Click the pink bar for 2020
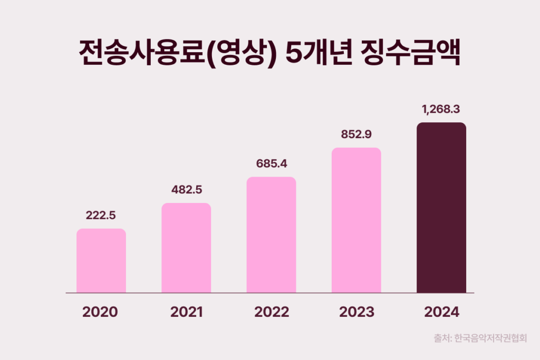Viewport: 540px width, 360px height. pyautogui.click(x=101, y=260)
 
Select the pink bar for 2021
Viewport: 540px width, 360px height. pyautogui.click(x=186, y=248)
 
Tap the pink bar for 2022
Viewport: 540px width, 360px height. pyautogui.click(x=271, y=235)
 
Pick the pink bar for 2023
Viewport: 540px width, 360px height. pyautogui.click(x=356, y=220)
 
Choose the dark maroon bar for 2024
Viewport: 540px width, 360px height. pyautogui.click(x=441, y=208)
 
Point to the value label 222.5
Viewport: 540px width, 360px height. pyautogui.click(x=101, y=215)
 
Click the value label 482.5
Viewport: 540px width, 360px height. pyautogui.click(x=186, y=189)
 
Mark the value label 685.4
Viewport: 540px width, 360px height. pyautogui.click(x=271, y=163)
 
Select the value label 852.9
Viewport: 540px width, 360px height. pyautogui.click(x=356, y=134)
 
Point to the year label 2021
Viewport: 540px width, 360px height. pyautogui.click(x=186, y=312)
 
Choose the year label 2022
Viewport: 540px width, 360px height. pyautogui.click(x=272, y=312)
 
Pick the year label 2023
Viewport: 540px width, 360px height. pyautogui.click(x=356, y=312)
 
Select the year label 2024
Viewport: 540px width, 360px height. pyautogui.click(x=442, y=312)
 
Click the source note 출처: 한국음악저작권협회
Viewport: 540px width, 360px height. pyautogui.click(x=480, y=338)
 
